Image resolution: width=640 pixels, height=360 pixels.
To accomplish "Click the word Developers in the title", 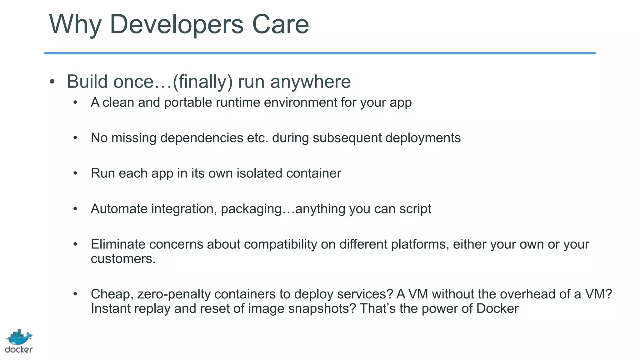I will [177, 24].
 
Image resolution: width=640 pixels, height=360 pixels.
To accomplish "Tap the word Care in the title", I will [280, 24].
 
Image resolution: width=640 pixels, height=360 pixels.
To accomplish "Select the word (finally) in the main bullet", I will [202, 82].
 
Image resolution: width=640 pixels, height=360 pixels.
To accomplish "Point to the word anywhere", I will [310, 82].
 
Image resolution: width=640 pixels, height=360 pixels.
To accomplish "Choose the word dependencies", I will [202, 138].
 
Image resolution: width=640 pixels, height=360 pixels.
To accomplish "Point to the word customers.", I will [123, 259].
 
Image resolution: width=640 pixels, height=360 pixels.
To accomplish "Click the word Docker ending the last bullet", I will [497, 309].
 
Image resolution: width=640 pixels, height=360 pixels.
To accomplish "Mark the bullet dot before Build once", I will [52, 82].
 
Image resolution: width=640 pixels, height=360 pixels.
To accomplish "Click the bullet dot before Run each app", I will [75, 173].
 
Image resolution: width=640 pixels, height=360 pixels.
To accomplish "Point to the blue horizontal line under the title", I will [320, 53].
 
